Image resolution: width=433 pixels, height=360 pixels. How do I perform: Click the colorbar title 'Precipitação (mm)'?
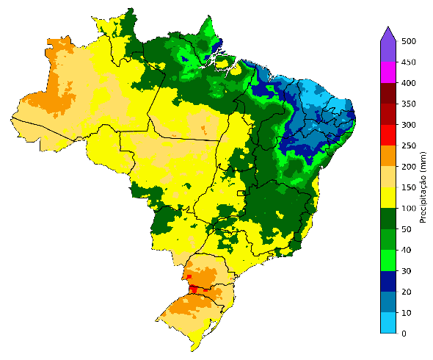[423, 187]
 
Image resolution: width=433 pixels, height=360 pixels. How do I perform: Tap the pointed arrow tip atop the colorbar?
[388, 27]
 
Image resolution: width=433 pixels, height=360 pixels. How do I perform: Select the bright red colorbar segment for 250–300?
[388, 135]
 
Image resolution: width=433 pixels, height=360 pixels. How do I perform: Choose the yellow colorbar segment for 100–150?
[388, 198]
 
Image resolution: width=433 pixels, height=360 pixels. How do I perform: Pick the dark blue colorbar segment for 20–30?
[388, 281]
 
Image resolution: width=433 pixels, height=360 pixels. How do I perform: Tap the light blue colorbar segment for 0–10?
[388, 323]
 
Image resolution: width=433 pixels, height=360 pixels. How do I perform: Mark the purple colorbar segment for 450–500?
[388, 51]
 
